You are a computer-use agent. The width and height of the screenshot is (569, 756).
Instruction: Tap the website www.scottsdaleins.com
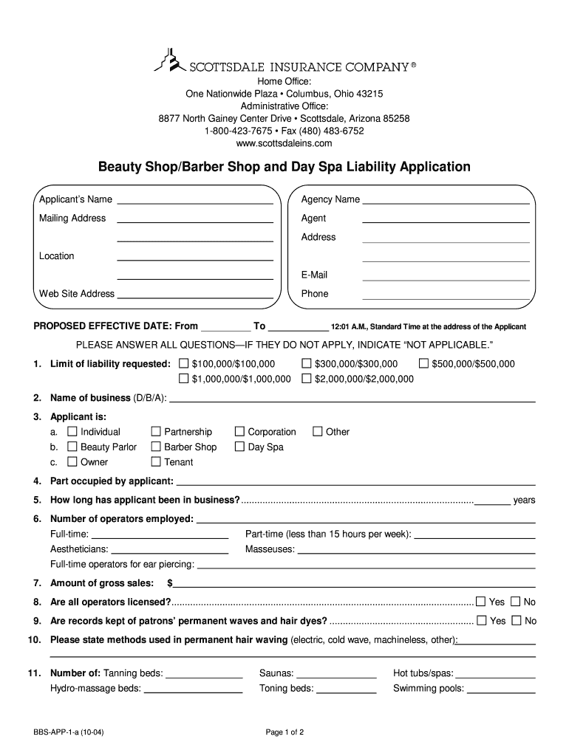click(x=284, y=143)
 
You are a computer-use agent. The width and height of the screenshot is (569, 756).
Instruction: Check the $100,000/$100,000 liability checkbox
click(x=185, y=364)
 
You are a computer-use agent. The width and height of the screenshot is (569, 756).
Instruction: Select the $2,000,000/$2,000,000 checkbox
click(x=307, y=379)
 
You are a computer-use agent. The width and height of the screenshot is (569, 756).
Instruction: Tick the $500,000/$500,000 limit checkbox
click(x=423, y=364)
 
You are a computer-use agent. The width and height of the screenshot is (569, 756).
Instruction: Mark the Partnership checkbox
click(x=156, y=432)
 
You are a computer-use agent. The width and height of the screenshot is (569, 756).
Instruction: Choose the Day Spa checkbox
click(x=239, y=447)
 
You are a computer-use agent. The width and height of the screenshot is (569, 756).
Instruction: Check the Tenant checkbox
click(x=156, y=462)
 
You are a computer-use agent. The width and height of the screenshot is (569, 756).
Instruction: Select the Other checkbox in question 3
click(x=318, y=432)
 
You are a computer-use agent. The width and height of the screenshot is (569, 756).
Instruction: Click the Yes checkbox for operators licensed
click(x=481, y=601)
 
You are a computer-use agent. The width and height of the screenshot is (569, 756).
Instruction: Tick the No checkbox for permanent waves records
click(x=516, y=621)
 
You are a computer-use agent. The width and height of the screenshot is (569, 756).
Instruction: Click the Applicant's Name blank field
click(x=195, y=201)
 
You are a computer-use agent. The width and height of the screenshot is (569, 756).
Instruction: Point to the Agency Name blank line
click(x=446, y=201)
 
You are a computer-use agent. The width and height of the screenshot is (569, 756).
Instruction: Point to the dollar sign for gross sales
click(x=170, y=583)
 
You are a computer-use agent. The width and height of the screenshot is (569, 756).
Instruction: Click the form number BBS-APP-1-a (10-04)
click(x=72, y=732)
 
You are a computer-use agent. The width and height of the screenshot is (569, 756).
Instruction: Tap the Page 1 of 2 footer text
click(x=285, y=732)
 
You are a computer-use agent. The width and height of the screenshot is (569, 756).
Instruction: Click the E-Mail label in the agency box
click(x=314, y=275)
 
